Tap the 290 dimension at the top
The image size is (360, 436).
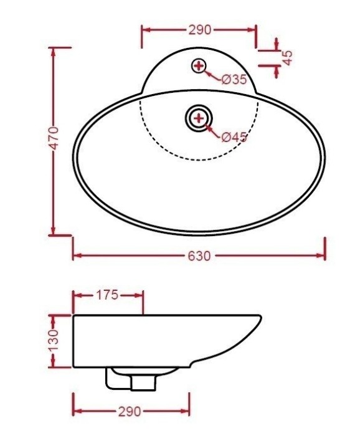point(199,29)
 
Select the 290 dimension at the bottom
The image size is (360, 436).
point(131,412)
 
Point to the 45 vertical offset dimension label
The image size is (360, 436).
point(287,57)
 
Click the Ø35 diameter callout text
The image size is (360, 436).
point(235,80)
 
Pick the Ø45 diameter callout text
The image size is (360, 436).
point(234,137)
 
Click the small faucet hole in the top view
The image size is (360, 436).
point(199,65)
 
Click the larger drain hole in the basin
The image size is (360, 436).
point(199,117)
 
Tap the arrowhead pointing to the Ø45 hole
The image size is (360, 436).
point(208,127)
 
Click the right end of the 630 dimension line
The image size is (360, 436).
point(325,255)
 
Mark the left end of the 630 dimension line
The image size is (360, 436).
point(73,255)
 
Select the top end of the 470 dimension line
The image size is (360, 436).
point(54,48)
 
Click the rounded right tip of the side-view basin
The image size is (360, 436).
point(260,319)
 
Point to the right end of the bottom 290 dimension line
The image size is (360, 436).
point(189,411)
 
